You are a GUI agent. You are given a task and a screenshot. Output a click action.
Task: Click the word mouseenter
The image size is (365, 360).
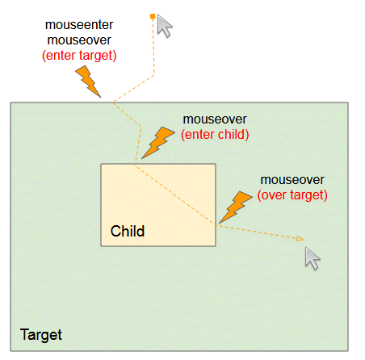pos(79,25)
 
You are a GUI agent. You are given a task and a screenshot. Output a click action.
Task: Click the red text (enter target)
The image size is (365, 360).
pos(79,56)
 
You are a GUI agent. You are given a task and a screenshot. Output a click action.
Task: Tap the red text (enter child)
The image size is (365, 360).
pos(215,135)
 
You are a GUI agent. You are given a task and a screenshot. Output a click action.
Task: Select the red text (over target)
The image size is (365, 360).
pos(292,195)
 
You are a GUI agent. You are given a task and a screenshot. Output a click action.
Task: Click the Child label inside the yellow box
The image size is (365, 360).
pos(128,231)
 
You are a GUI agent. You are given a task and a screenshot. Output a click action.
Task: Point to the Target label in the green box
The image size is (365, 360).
pos(41,335)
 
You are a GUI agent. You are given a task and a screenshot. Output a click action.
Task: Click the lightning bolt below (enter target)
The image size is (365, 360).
pos(88,82)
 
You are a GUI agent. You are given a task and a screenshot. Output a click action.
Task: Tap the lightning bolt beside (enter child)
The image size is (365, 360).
pos(158,143)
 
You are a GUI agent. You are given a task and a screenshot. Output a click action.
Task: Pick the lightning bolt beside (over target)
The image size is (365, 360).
pos(236,207)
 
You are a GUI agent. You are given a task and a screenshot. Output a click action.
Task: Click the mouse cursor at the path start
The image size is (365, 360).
pos(164,25)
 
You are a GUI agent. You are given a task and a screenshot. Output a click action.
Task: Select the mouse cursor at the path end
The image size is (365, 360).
pos(312,258)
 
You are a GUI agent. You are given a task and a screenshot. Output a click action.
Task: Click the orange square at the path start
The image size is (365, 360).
pos(153,17)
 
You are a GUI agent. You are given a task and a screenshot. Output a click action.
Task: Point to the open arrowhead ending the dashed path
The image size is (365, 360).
pos(300,239)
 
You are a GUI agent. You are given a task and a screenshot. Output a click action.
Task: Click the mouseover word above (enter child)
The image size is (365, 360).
pos(215,119)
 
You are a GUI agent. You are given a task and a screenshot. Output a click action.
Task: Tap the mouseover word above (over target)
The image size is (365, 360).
pos(292,180)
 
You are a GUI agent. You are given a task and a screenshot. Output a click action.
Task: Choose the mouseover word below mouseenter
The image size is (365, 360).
pos(79,40)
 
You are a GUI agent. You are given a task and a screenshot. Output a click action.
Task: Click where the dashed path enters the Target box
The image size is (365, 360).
pos(113,103)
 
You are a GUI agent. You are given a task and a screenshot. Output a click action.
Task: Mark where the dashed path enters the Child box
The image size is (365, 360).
pos(135,164)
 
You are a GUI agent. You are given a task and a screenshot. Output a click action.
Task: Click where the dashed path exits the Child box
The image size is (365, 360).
pos(216,225)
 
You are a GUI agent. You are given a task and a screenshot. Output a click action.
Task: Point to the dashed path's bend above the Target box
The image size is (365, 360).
pos(154,75)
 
